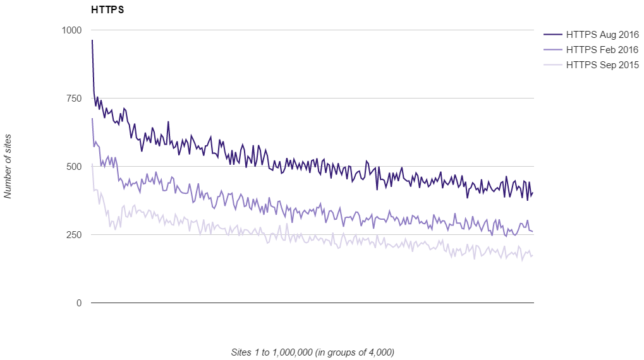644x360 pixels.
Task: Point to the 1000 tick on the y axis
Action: (x=71, y=30)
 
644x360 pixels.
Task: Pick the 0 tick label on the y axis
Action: (x=79, y=303)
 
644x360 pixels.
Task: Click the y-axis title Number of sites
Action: (x=8, y=167)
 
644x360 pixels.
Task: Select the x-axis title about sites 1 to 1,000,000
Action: (x=313, y=352)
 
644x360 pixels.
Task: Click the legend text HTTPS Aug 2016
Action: (x=603, y=35)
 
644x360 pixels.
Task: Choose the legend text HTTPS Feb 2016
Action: (x=603, y=50)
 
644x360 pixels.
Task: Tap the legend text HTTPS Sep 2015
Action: (x=603, y=65)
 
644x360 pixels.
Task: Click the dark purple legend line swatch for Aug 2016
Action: (x=552, y=35)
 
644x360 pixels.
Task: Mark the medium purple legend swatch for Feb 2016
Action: (x=552, y=50)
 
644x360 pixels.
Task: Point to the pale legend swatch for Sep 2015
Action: (x=552, y=65)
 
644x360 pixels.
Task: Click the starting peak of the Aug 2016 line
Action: (x=92, y=40)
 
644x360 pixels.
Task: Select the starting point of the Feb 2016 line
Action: (x=92, y=119)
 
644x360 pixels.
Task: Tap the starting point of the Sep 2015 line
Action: (x=92, y=164)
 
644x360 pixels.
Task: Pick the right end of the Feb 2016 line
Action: (x=533, y=231)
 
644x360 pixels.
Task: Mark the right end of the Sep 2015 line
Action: (x=533, y=255)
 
